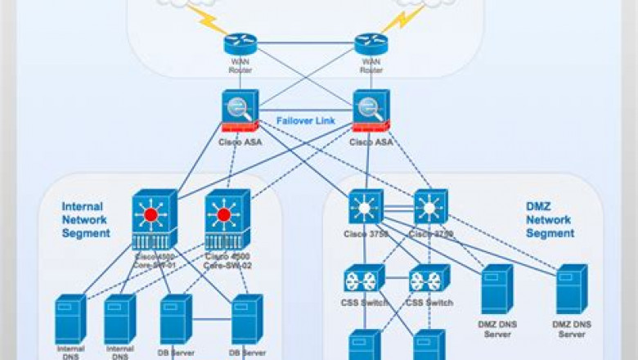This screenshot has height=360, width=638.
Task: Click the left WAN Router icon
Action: coord(240,44)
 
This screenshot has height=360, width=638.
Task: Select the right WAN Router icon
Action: coord(371,44)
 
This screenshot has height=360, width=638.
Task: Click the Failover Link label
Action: coord(306,119)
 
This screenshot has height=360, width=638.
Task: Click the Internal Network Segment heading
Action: coord(86,220)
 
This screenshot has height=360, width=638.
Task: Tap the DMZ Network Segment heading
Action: coord(550,220)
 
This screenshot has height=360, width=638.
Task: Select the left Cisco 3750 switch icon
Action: coord(365,208)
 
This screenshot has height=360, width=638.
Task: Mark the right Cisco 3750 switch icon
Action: coord(430,208)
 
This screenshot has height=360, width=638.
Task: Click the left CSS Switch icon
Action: coord(364,279)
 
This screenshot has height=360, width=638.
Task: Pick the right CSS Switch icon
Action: coord(429,279)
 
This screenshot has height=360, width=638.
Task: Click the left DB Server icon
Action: coord(175,319)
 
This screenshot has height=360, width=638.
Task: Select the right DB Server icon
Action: coord(247,319)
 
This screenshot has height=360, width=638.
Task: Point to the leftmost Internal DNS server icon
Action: coord(70,319)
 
